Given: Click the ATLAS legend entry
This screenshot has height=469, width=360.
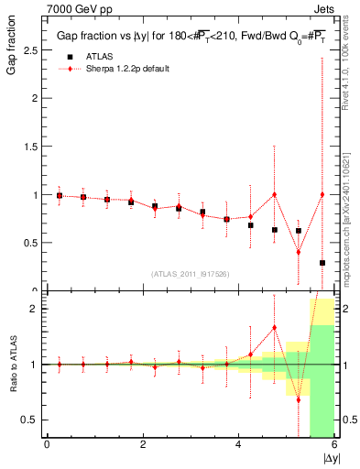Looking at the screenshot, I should (x=86, y=55).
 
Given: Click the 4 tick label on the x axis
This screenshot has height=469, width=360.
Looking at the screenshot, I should (x=238, y=444).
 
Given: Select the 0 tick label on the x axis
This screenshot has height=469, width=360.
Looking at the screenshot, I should (x=47, y=444).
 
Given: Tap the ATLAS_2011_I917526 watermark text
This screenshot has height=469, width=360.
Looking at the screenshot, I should (x=191, y=275).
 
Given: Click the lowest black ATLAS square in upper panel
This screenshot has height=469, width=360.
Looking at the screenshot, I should (x=322, y=263).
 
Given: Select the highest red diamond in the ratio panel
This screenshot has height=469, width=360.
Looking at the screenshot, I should (x=275, y=327).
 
